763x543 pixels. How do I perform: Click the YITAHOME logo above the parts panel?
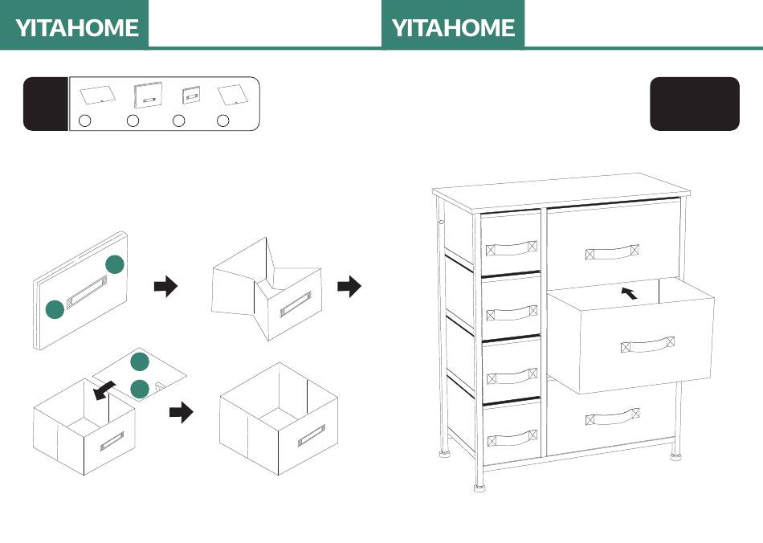coord(77,28)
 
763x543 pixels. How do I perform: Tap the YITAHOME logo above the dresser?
coord(453,28)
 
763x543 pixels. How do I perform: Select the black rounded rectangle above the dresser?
coord(695,104)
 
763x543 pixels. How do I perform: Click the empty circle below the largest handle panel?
coord(133,120)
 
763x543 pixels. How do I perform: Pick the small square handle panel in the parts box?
coord(191,95)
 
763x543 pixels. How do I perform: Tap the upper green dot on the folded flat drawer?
coord(115,264)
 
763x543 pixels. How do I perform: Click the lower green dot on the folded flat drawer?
coord(55,309)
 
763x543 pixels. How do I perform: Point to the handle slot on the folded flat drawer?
coord(87,292)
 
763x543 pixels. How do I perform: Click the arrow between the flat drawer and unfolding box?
coord(166,286)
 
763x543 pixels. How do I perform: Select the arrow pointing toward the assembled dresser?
coord(349,286)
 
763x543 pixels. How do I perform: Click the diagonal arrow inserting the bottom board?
coord(104,390)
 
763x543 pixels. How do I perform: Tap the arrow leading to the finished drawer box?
coord(181,412)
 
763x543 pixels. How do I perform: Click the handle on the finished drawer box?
coord(312,435)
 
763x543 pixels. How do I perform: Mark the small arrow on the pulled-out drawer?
coord(630,293)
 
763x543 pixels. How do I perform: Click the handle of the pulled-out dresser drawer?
coord(647,345)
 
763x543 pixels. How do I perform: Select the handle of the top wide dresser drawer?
coord(612,252)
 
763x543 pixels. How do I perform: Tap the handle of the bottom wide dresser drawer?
coord(612,417)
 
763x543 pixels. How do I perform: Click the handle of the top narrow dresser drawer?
coord(512,248)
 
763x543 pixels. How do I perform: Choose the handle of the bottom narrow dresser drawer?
coord(512,438)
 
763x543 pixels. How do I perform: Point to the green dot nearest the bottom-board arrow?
coord(140,388)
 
